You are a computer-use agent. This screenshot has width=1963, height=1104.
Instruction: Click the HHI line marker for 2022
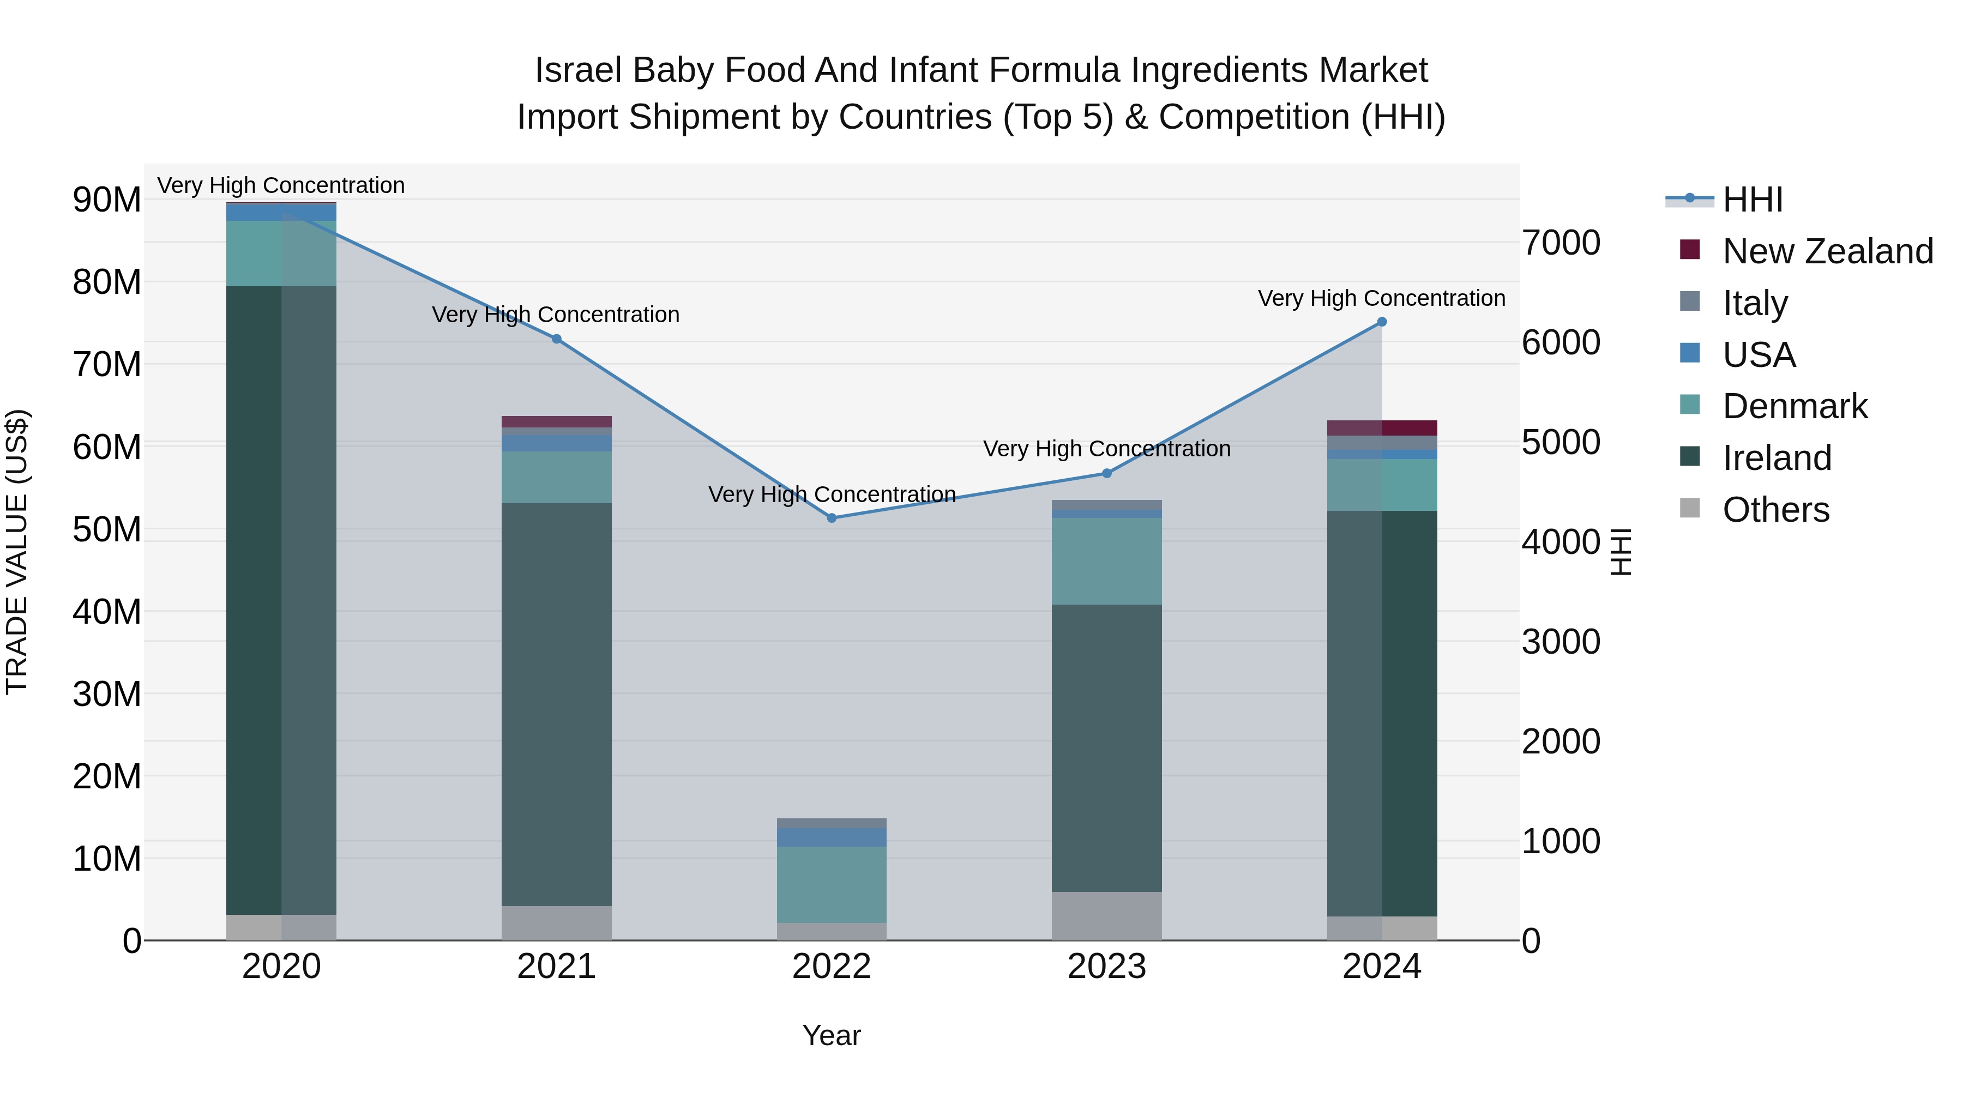[x=832, y=518]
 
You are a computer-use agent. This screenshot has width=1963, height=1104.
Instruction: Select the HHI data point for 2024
[x=1382, y=322]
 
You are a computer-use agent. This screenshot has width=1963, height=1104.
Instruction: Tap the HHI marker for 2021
[x=556, y=339]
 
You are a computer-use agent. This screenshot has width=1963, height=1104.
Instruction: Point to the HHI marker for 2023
[x=1106, y=473]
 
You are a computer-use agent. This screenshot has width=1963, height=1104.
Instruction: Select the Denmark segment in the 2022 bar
[x=832, y=885]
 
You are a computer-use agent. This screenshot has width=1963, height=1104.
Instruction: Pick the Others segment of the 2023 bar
[x=1106, y=916]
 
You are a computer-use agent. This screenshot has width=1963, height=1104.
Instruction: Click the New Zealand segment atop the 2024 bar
[x=1382, y=428]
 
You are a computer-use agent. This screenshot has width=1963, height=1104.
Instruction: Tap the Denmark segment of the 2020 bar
[x=281, y=254]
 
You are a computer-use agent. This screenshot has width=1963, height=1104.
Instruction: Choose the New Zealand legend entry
[x=1827, y=251]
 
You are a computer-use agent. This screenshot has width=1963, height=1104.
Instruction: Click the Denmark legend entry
[x=1795, y=406]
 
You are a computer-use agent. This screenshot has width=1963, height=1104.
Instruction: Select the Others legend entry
[x=1775, y=510]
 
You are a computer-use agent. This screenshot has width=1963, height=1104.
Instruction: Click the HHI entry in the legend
[x=1753, y=200]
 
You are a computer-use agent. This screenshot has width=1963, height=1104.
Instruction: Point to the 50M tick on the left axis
[x=107, y=529]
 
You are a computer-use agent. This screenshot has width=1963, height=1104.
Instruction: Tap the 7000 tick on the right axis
[x=1561, y=243]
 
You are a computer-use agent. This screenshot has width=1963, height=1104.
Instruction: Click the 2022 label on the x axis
[x=832, y=967]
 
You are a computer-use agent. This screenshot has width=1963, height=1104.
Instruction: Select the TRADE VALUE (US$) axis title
[x=17, y=552]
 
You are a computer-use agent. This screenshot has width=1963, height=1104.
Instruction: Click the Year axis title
[x=832, y=1035]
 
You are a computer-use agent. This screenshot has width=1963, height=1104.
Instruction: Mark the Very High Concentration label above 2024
[x=1382, y=298]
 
